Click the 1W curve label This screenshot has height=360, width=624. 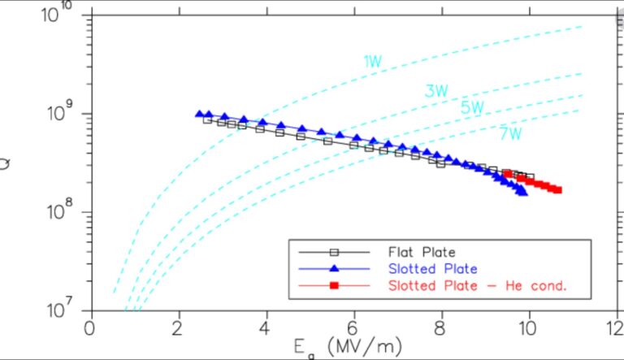tap(372, 60)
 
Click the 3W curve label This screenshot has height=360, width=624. tap(435, 91)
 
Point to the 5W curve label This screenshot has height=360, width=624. tap(472, 107)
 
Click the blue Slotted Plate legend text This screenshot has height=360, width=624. tap(432, 268)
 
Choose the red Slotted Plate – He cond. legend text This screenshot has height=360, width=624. tap(476, 285)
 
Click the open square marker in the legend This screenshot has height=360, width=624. tap(333, 253)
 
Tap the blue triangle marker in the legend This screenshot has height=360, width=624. tap(333, 268)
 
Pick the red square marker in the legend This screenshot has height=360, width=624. tap(333, 285)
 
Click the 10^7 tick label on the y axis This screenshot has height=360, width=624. tap(61, 310)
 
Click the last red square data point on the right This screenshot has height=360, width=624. tap(558, 190)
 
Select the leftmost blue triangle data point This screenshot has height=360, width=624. tap(200, 115)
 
